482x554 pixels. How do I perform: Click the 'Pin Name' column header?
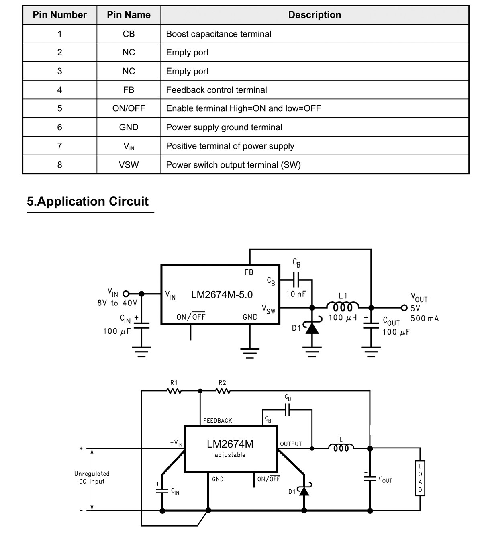129,15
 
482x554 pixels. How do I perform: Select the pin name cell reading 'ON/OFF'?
129,108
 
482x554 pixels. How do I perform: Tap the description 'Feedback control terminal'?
216,90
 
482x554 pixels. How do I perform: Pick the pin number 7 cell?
59,146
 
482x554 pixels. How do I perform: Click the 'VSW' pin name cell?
129,165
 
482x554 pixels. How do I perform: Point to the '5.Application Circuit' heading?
88,201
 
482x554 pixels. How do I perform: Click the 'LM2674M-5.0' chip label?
222,294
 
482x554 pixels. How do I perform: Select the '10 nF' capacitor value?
296,294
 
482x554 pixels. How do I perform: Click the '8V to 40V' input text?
117,303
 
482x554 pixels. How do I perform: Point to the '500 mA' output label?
424,319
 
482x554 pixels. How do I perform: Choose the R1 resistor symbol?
174,391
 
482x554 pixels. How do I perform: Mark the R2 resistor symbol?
223,391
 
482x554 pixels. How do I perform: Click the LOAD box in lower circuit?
420,478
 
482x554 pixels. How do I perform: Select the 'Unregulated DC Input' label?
92,477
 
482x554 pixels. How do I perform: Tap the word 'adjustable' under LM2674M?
230,455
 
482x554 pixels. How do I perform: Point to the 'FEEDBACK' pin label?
218,421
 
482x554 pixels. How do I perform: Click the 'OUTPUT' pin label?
291,444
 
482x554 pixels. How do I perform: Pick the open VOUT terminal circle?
404,308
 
